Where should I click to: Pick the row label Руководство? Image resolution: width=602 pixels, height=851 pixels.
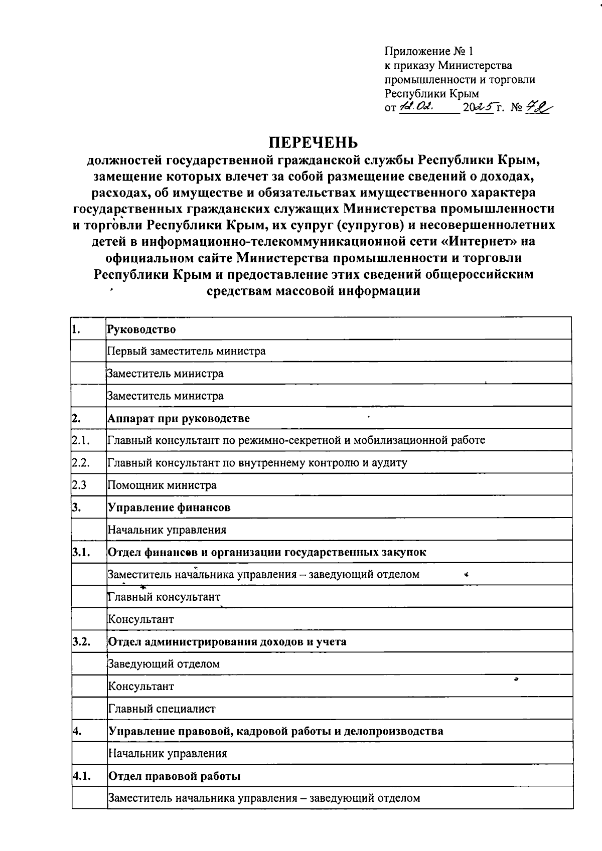[x=142, y=329]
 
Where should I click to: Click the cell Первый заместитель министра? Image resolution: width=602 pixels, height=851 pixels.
[x=187, y=351]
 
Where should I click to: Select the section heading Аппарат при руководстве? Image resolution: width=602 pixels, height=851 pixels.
[x=179, y=418]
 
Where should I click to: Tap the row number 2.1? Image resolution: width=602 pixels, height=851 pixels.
[x=80, y=441]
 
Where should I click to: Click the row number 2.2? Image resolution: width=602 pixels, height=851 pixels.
[x=80, y=463]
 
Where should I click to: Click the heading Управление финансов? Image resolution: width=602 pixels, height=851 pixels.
[x=170, y=507]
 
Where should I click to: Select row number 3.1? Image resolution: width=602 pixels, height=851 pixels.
[x=81, y=552]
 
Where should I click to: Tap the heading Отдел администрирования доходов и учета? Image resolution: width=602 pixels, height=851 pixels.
[x=227, y=641]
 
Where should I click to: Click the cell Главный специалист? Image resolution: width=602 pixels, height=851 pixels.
[x=162, y=709]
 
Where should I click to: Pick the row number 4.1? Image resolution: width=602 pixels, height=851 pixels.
[x=81, y=776]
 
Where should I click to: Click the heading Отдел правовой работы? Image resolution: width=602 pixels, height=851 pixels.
[x=175, y=776]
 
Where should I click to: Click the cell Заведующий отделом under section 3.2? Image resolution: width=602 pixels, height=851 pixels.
[x=164, y=664]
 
